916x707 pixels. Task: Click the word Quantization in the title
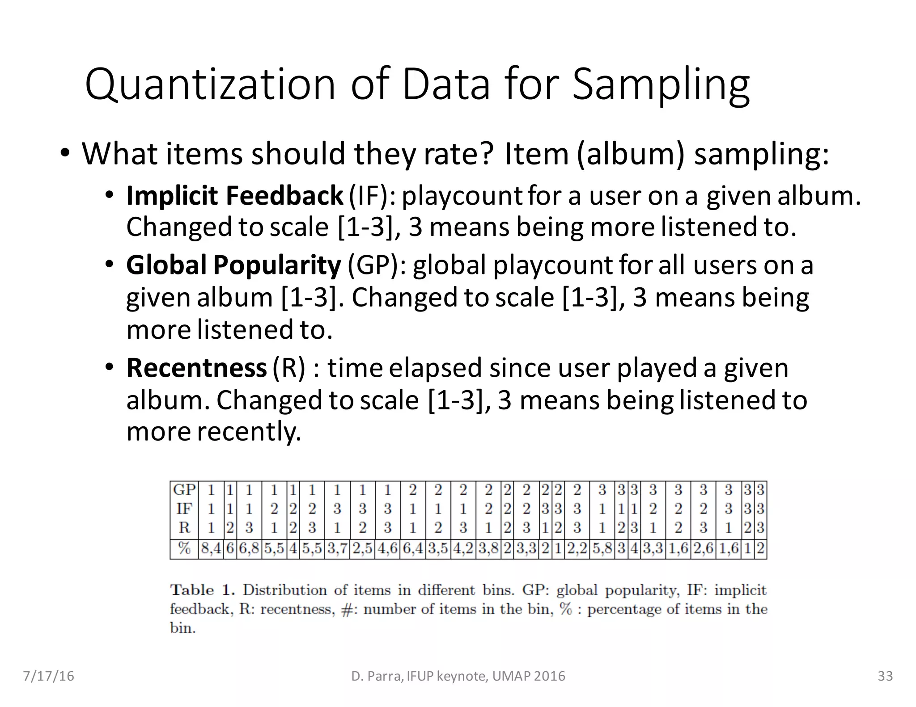click(x=210, y=84)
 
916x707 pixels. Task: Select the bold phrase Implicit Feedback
click(x=234, y=196)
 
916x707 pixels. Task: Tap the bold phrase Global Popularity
click(x=233, y=265)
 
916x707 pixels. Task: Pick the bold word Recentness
click(x=196, y=368)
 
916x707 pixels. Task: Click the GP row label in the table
click(x=184, y=490)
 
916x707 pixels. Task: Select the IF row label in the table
click(x=184, y=509)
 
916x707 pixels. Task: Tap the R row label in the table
click(x=184, y=528)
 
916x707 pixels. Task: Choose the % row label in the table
click(x=184, y=548)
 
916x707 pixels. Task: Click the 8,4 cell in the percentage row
click(x=211, y=548)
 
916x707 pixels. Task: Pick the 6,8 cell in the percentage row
click(x=249, y=548)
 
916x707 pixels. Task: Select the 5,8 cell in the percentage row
click(x=602, y=548)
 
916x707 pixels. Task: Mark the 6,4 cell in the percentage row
click(x=412, y=548)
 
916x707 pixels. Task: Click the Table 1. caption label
click(x=203, y=590)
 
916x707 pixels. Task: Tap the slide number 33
click(x=885, y=676)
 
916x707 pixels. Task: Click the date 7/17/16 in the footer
click(x=48, y=676)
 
